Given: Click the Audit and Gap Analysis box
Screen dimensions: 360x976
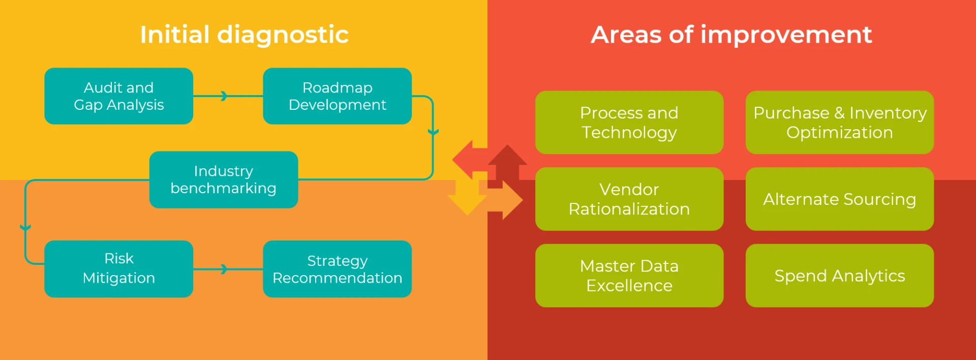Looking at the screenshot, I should [118, 96].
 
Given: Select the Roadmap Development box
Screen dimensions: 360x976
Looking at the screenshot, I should [337, 96].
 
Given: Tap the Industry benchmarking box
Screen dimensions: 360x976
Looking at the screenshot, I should [223, 179].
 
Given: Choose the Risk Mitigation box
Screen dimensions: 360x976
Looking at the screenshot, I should [118, 268].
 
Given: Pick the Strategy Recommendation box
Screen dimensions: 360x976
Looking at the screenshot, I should [337, 268].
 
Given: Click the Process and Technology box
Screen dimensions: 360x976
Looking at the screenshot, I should [629, 123].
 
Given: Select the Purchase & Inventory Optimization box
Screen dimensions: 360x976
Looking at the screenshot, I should [839, 123].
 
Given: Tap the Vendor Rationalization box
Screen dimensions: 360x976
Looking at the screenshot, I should [629, 199].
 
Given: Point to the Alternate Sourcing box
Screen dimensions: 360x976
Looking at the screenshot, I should [839, 199].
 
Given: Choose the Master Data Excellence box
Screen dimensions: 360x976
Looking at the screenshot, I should [629, 276].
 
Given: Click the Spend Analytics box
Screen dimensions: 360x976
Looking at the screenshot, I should [839, 276].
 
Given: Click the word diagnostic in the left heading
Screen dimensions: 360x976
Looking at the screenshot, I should [283, 35].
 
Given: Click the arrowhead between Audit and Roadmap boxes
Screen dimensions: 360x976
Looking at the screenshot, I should [224, 96].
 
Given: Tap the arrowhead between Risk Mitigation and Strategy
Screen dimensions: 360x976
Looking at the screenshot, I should [224, 269].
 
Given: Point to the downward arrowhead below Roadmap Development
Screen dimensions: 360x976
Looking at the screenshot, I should [433, 133].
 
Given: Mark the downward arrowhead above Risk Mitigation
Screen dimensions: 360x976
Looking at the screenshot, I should [25, 228].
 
